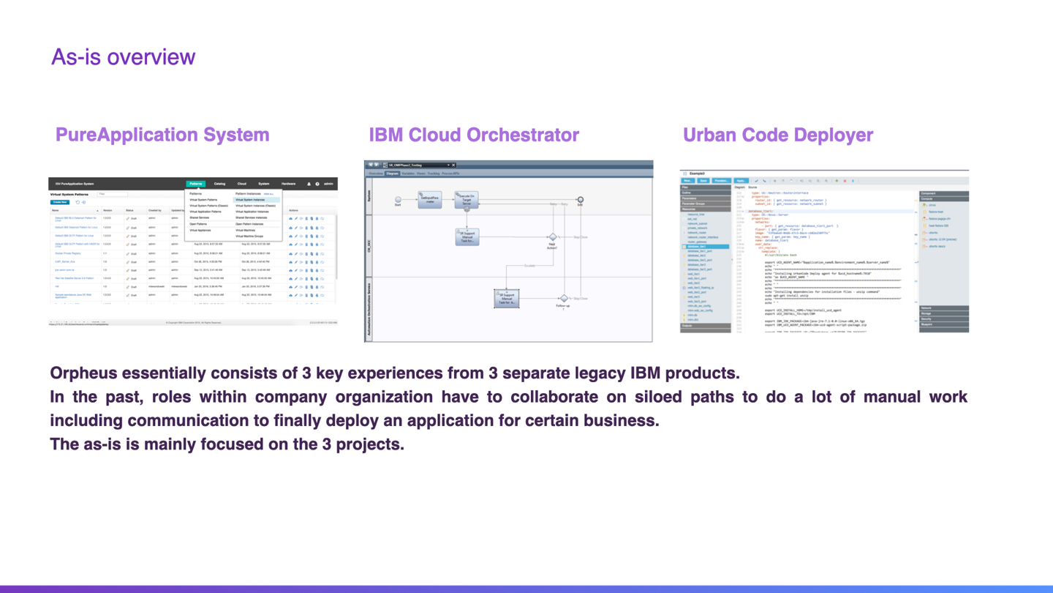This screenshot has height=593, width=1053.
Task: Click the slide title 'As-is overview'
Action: (123, 57)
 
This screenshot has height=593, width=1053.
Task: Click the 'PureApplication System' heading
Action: (162, 135)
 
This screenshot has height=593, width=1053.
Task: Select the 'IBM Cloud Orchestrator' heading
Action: (474, 135)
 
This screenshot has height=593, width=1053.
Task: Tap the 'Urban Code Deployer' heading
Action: (777, 135)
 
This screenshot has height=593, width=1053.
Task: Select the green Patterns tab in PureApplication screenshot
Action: (195, 184)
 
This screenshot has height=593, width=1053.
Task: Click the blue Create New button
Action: (60, 202)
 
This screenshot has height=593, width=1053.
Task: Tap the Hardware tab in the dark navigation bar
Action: (289, 184)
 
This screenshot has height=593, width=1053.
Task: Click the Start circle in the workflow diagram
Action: (398, 199)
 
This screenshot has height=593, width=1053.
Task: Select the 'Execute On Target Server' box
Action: (466, 199)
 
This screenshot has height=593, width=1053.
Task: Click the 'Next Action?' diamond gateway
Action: (552, 237)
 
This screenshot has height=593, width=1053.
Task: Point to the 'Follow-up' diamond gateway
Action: (563, 299)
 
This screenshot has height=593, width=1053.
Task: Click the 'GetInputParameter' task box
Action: (429, 199)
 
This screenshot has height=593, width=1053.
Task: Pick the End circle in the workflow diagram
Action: (580, 199)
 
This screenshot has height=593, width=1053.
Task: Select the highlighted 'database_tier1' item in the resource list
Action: (706, 247)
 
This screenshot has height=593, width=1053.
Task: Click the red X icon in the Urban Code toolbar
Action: (845, 181)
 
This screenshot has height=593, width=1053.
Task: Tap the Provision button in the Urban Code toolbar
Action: (721, 181)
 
